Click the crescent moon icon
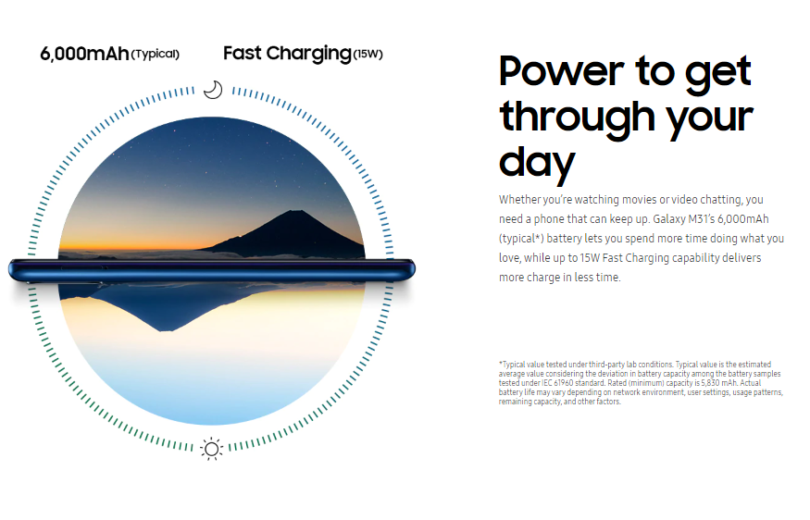(213, 90)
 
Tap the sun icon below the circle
(211, 449)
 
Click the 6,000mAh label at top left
(84, 54)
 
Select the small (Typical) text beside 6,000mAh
(155, 55)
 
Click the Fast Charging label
(287, 54)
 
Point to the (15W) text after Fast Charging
(368, 55)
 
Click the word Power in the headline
(561, 71)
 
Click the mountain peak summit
(295, 211)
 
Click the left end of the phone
(10, 270)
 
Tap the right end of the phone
(413, 269)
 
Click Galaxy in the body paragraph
(669, 219)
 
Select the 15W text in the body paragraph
(590, 257)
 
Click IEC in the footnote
(546, 383)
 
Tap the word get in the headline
(718, 73)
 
